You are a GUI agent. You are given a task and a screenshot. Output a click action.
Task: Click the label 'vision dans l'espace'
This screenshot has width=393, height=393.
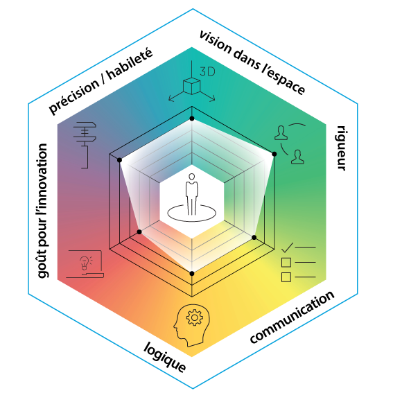point(252,62)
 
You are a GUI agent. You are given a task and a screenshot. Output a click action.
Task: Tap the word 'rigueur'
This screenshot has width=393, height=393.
point(341,148)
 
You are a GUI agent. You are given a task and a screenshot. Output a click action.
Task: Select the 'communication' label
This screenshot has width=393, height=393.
point(292,317)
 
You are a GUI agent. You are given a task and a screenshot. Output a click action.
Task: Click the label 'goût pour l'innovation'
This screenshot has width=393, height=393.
point(42,211)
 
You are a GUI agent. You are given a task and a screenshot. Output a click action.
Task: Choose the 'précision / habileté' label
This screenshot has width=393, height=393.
point(101,81)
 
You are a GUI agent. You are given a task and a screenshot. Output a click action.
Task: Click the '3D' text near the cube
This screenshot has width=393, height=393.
point(207,72)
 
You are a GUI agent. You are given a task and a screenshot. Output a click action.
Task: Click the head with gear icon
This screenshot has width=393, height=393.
point(192,325)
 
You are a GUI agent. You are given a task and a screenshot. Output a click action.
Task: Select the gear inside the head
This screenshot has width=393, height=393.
point(195,317)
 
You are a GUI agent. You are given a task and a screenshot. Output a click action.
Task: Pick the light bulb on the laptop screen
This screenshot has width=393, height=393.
point(85,263)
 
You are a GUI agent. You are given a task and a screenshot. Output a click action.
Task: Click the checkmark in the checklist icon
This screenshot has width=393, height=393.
point(287,247)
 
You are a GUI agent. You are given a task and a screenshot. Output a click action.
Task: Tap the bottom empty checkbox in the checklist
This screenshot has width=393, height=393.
point(286,277)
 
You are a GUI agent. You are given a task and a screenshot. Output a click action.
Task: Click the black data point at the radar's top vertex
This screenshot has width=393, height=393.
point(192,119)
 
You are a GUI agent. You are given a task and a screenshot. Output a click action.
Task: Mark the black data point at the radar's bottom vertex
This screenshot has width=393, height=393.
point(192,274)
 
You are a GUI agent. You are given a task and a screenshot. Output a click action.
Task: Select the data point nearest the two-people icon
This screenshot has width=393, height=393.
point(274,154)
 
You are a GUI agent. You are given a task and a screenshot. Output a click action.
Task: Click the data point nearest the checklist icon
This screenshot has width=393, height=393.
point(254,237)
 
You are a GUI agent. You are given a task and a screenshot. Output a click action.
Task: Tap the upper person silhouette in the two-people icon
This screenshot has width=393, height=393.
point(281,132)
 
